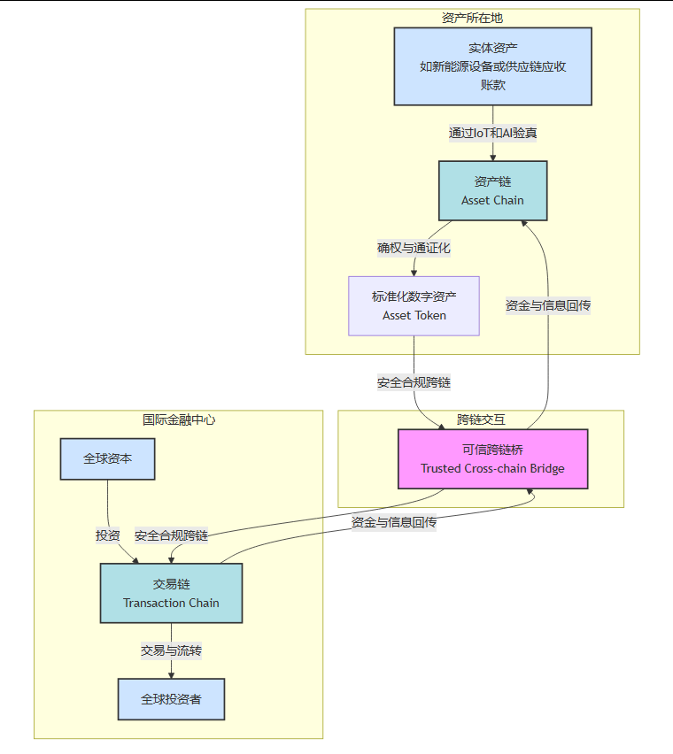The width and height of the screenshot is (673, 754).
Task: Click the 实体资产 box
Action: coord(492,66)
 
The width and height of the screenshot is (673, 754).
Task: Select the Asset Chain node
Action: coord(492,190)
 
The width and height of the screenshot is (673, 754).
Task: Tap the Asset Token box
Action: coord(414,305)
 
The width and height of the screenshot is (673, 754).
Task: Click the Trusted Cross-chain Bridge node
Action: coord(492,458)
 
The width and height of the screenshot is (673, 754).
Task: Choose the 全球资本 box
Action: coord(107,458)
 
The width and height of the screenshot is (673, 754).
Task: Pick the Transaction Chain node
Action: coord(171,593)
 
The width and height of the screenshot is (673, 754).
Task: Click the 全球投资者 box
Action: coord(171,699)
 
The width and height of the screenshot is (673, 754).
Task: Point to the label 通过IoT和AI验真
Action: coord(492,133)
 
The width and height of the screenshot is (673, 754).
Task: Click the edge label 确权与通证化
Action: coord(414,248)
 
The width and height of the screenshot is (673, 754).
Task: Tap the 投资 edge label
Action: coord(108,535)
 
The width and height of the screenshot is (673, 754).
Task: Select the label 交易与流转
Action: coord(171,650)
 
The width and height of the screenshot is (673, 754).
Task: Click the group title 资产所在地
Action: coord(472,18)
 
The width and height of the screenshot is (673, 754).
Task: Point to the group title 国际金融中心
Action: coord(178,419)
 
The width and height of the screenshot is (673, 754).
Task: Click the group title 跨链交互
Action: coord(481,419)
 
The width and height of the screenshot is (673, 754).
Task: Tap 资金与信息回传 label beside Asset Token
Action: coord(548,305)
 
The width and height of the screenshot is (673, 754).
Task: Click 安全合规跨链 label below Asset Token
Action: coord(414,383)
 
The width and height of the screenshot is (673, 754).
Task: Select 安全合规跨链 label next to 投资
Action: coord(171,535)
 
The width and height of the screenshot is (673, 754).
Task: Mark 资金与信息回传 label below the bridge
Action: coord(393,522)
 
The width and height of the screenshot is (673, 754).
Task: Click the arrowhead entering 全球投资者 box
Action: coord(171,674)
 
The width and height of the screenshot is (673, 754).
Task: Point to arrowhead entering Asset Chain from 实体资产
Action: coord(492,157)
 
